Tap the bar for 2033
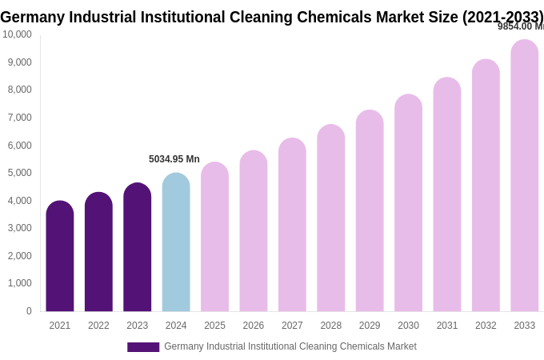[525, 176]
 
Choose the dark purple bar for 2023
[138, 247]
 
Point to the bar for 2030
[408, 203]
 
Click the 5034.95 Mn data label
[174, 159]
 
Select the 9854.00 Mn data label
[520, 26]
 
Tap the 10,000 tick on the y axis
[17, 34]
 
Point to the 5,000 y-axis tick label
[20, 173]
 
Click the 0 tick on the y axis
[29, 311]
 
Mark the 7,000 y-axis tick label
[20, 118]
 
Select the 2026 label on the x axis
[254, 326]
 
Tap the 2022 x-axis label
[98, 326]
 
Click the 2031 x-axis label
[447, 326]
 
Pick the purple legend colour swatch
[143, 347]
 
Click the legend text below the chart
[290, 346]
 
